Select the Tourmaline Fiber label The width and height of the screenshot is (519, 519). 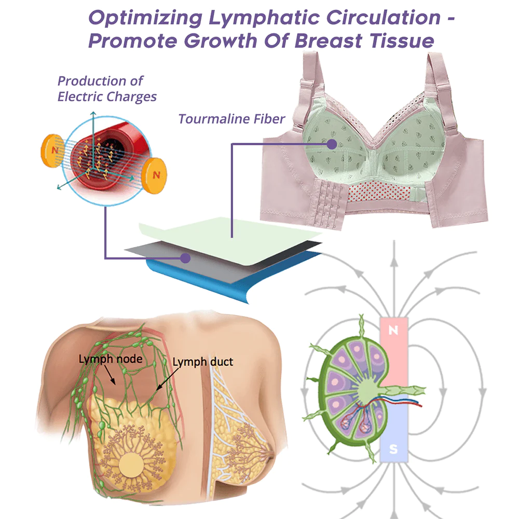231,119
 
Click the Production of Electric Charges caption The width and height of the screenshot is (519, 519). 106,89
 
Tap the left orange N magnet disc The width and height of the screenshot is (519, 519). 52,148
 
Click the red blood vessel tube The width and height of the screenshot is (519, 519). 112,156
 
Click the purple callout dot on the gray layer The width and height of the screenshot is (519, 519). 184,257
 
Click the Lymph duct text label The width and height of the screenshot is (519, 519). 202,362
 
